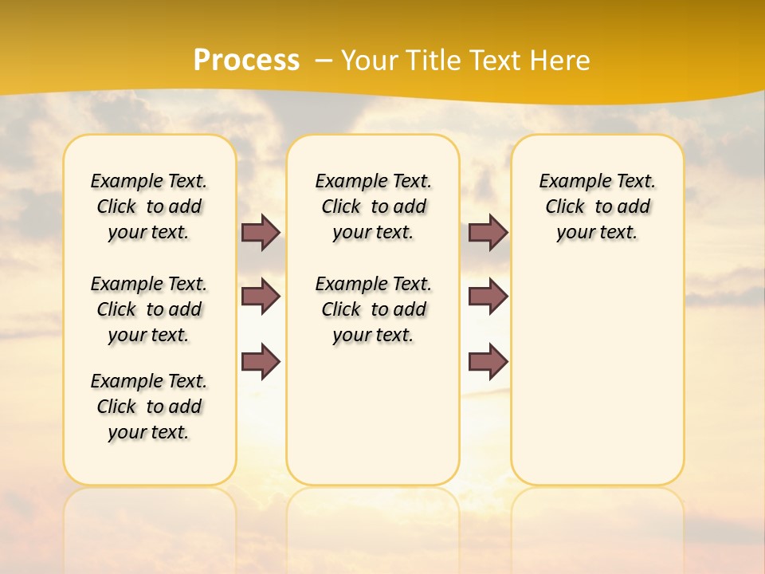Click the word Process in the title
(x=246, y=61)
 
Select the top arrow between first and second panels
(x=261, y=232)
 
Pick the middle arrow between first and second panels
(x=261, y=297)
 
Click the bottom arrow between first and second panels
(x=261, y=361)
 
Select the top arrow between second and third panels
(x=488, y=232)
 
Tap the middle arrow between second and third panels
(x=488, y=297)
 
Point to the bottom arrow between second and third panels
(x=488, y=361)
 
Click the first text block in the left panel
(x=149, y=206)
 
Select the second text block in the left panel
(x=149, y=309)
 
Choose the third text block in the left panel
(x=149, y=407)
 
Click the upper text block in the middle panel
(x=374, y=206)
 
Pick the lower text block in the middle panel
(x=374, y=309)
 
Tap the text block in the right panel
(x=598, y=206)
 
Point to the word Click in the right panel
(x=565, y=207)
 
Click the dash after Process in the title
(x=323, y=61)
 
